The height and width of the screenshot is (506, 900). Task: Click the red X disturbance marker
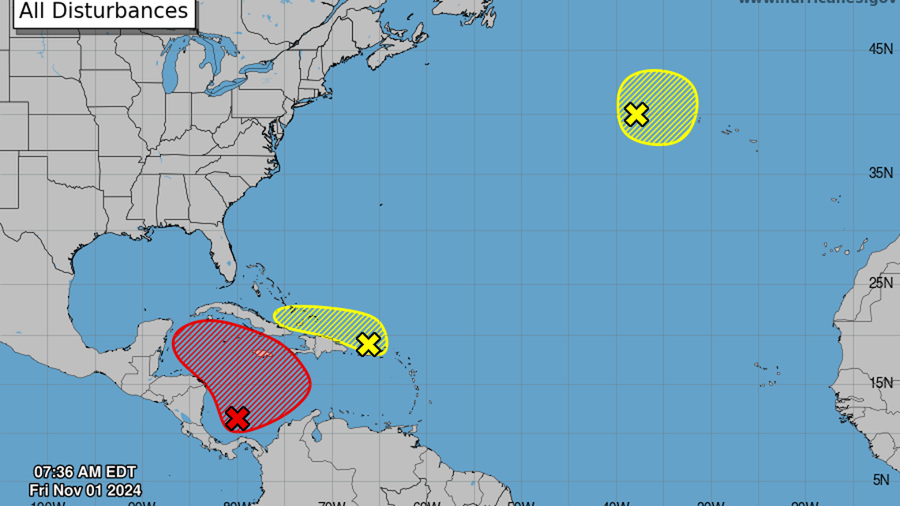pyautogui.click(x=237, y=418)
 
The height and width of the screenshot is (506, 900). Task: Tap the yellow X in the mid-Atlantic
pyautogui.click(x=636, y=114)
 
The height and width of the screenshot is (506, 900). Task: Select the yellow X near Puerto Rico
pyautogui.click(x=368, y=344)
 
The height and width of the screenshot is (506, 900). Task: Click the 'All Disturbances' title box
pyautogui.click(x=103, y=12)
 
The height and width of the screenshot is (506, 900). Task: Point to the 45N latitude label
pyautogui.click(x=880, y=49)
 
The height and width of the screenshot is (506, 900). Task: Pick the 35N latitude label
pyautogui.click(x=880, y=173)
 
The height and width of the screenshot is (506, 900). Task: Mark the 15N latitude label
pyautogui.click(x=880, y=382)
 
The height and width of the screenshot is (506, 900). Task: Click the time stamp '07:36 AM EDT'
pyautogui.click(x=85, y=474)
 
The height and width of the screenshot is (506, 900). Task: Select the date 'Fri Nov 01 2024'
pyautogui.click(x=85, y=490)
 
